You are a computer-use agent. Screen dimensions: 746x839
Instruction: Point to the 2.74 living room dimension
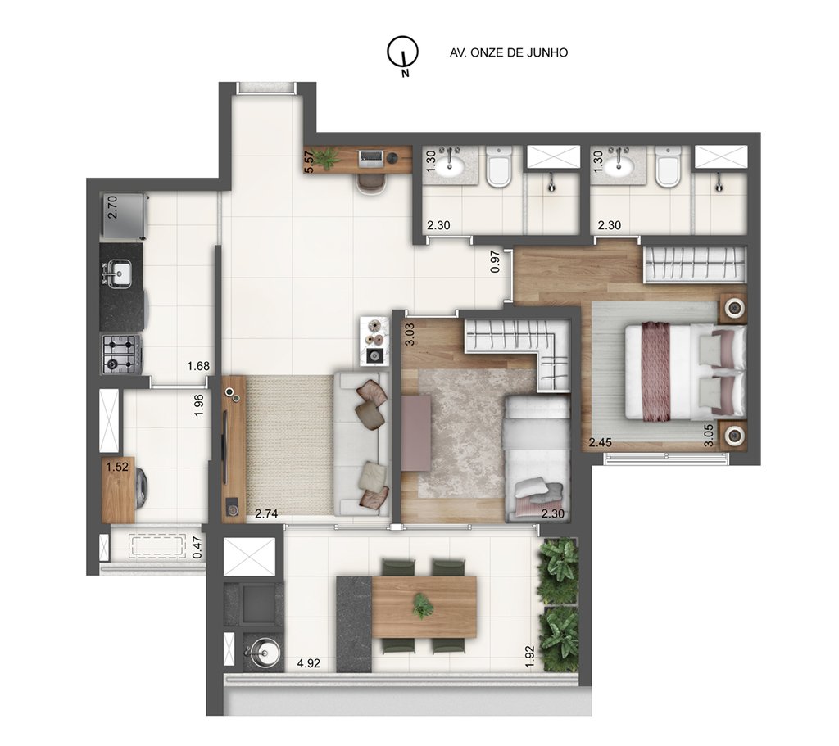pos(266,513)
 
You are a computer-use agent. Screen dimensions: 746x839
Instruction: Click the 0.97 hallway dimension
pos(495,260)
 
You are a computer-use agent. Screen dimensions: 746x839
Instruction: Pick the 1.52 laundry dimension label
pos(117,468)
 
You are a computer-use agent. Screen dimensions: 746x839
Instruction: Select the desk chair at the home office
pos(372,182)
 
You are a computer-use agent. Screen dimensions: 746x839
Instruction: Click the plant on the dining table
pos(424,605)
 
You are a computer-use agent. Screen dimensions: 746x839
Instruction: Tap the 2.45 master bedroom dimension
pos(601,443)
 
